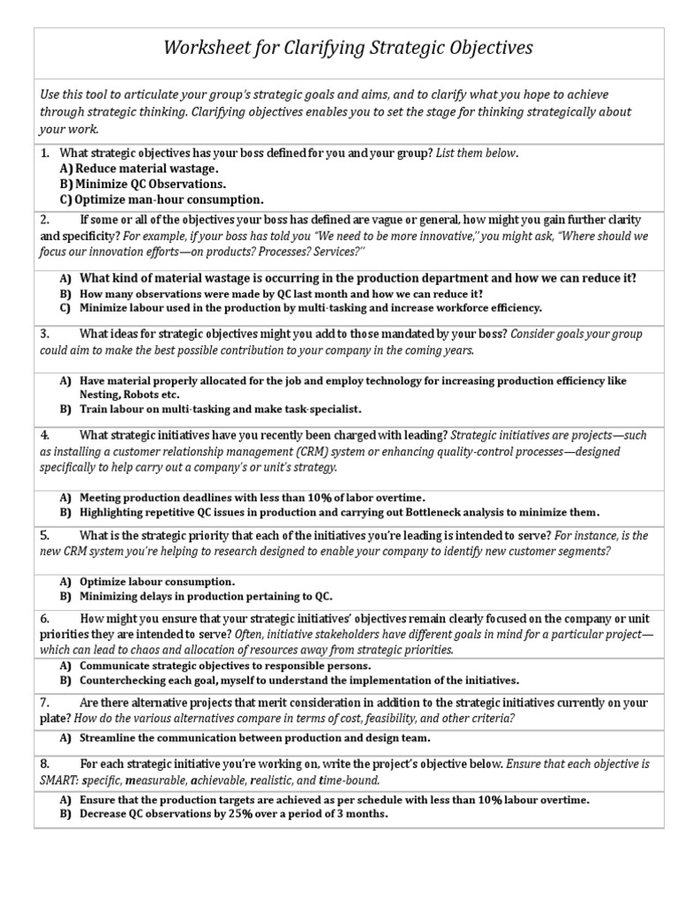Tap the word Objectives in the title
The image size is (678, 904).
point(486,48)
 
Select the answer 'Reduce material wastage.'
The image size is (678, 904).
point(146,168)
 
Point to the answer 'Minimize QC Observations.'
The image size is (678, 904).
point(150,184)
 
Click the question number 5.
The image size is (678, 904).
point(45,536)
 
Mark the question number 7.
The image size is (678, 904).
point(45,703)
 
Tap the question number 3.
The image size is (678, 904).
point(45,334)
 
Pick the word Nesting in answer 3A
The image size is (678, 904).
point(101,395)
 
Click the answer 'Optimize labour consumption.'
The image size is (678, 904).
point(157,582)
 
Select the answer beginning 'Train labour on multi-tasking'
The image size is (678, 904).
point(221,410)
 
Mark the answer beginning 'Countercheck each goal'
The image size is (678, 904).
point(299,681)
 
